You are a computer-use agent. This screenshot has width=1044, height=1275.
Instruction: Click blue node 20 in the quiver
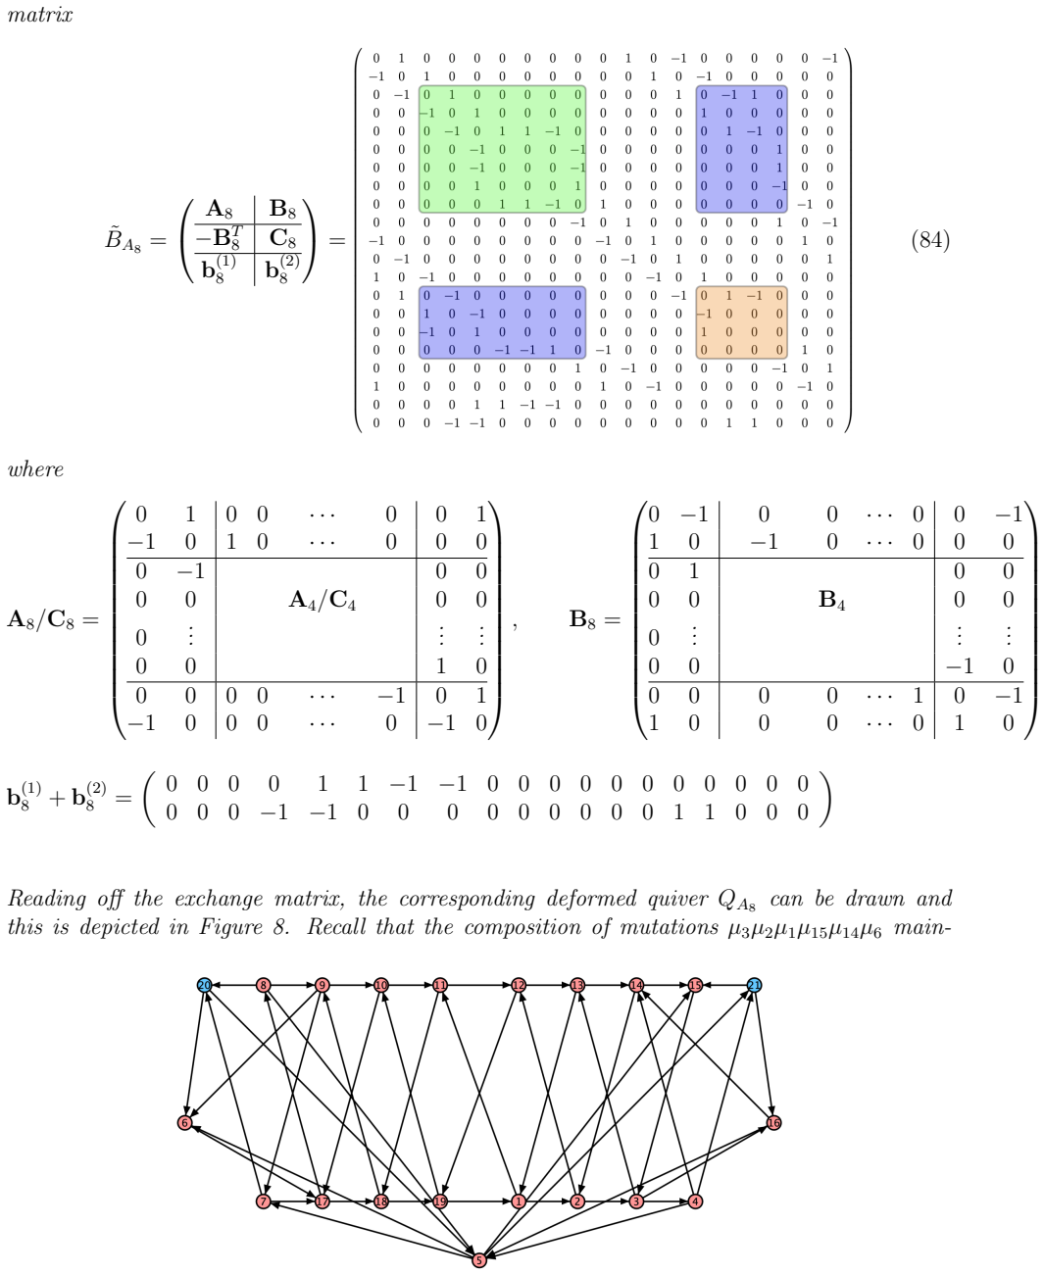[x=205, y=986]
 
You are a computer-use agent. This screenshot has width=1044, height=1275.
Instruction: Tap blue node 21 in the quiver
[x=754, y=986]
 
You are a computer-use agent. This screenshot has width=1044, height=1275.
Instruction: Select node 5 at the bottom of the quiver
[x=479, y=1260]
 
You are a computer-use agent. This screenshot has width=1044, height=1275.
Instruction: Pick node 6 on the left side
[x=185, y=1123]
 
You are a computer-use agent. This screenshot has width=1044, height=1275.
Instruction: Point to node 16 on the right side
[x=773, y=1123]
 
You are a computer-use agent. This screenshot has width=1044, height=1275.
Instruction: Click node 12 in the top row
[x=519, y=986]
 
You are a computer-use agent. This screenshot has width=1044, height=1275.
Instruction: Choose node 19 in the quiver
[x=440, y=1201]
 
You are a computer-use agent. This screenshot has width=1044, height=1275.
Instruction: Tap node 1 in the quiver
[x=519, y=1201]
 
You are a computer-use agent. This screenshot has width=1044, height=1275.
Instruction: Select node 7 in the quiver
[x=263, y=1201]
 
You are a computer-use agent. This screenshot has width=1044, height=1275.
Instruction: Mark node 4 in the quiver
[x=695, y=1201]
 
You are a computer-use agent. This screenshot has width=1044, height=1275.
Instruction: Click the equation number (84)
[x=930, y=240]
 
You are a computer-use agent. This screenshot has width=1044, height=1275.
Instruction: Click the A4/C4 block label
[x=323, y=601]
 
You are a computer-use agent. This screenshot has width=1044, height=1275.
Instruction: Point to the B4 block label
[x=831, y=601]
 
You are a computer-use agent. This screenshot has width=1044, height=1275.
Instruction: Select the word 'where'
[x=35, y=469]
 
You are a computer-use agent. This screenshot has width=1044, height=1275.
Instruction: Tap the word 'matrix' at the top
[x=40, y=15]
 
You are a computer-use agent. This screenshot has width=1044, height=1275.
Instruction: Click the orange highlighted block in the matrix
[x=741, y=322]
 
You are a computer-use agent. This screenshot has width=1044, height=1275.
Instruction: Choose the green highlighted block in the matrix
[x=502, y=149]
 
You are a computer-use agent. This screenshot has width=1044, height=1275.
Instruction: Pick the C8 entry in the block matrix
[x=282, y=239]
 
